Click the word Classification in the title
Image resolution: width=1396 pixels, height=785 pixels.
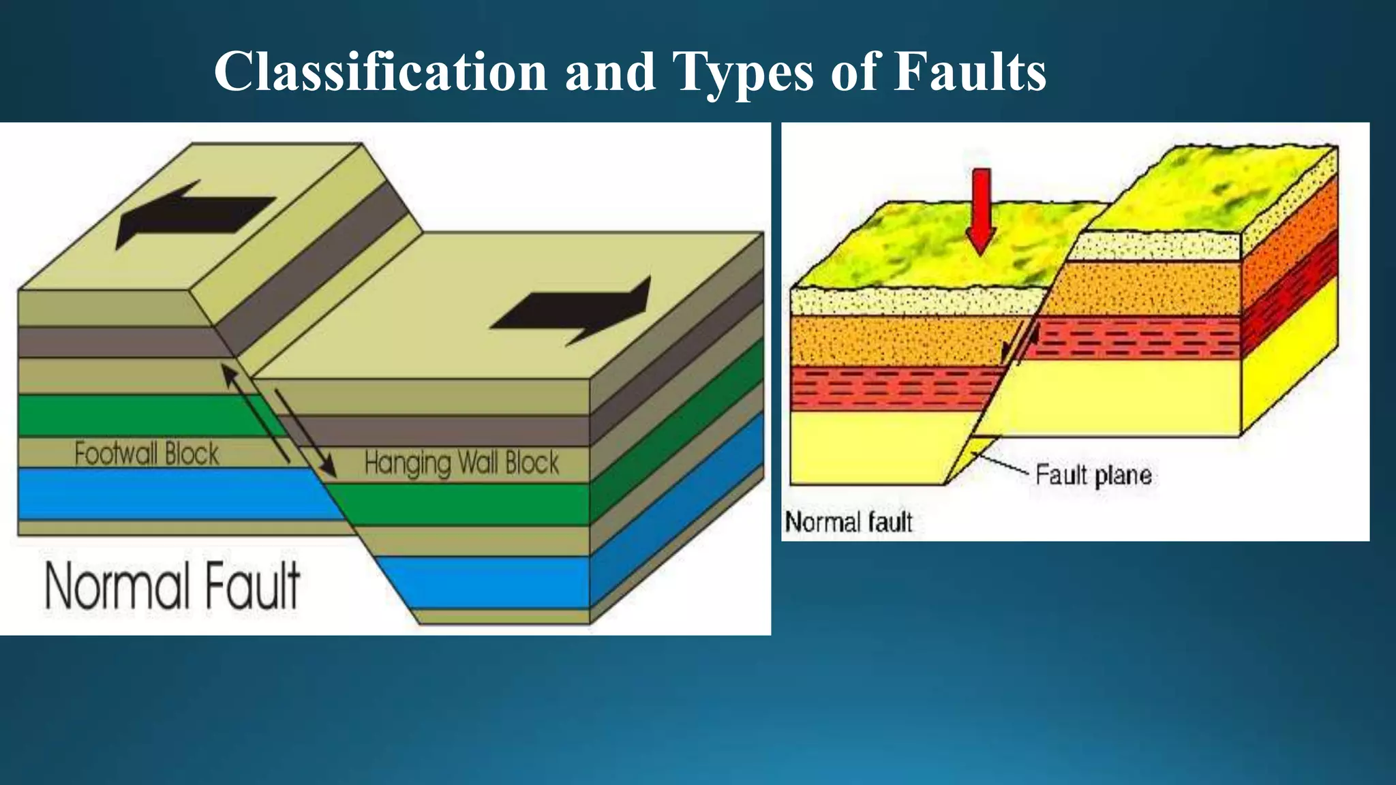[x=380, y=72]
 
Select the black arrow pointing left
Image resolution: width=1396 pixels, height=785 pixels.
[x=194, y=214]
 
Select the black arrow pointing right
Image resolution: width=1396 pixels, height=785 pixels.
[x=573, y=310]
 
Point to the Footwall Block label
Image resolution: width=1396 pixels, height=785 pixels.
[x=147, y=454]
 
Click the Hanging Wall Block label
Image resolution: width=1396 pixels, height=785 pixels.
[x=461, y=463]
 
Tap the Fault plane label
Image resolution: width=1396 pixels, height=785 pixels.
[x=1093, y=475]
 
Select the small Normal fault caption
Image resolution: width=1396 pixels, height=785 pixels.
[x=849, y=523]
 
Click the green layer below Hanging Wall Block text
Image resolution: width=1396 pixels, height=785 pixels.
[x=464, y=504]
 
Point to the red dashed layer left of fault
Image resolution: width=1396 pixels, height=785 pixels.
[x=893, y=389]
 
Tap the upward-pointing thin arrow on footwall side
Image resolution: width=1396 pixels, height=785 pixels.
[x=256, y=412]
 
